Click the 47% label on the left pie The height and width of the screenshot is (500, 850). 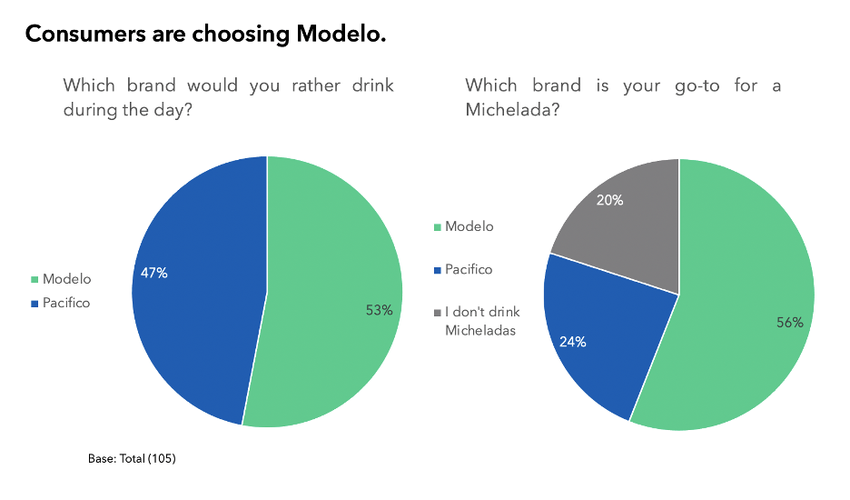coord(153,273)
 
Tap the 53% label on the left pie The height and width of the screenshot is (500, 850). coord(379,310)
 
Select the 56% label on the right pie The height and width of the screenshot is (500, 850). coord(789,323)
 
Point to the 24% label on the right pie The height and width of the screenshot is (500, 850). coord(572,342)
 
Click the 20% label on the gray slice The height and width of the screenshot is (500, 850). coord(609,201)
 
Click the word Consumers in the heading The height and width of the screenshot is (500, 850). coord(79,35)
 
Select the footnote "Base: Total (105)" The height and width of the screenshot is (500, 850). coord(132,459)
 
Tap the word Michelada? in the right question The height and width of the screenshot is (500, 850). coord(511,109)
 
